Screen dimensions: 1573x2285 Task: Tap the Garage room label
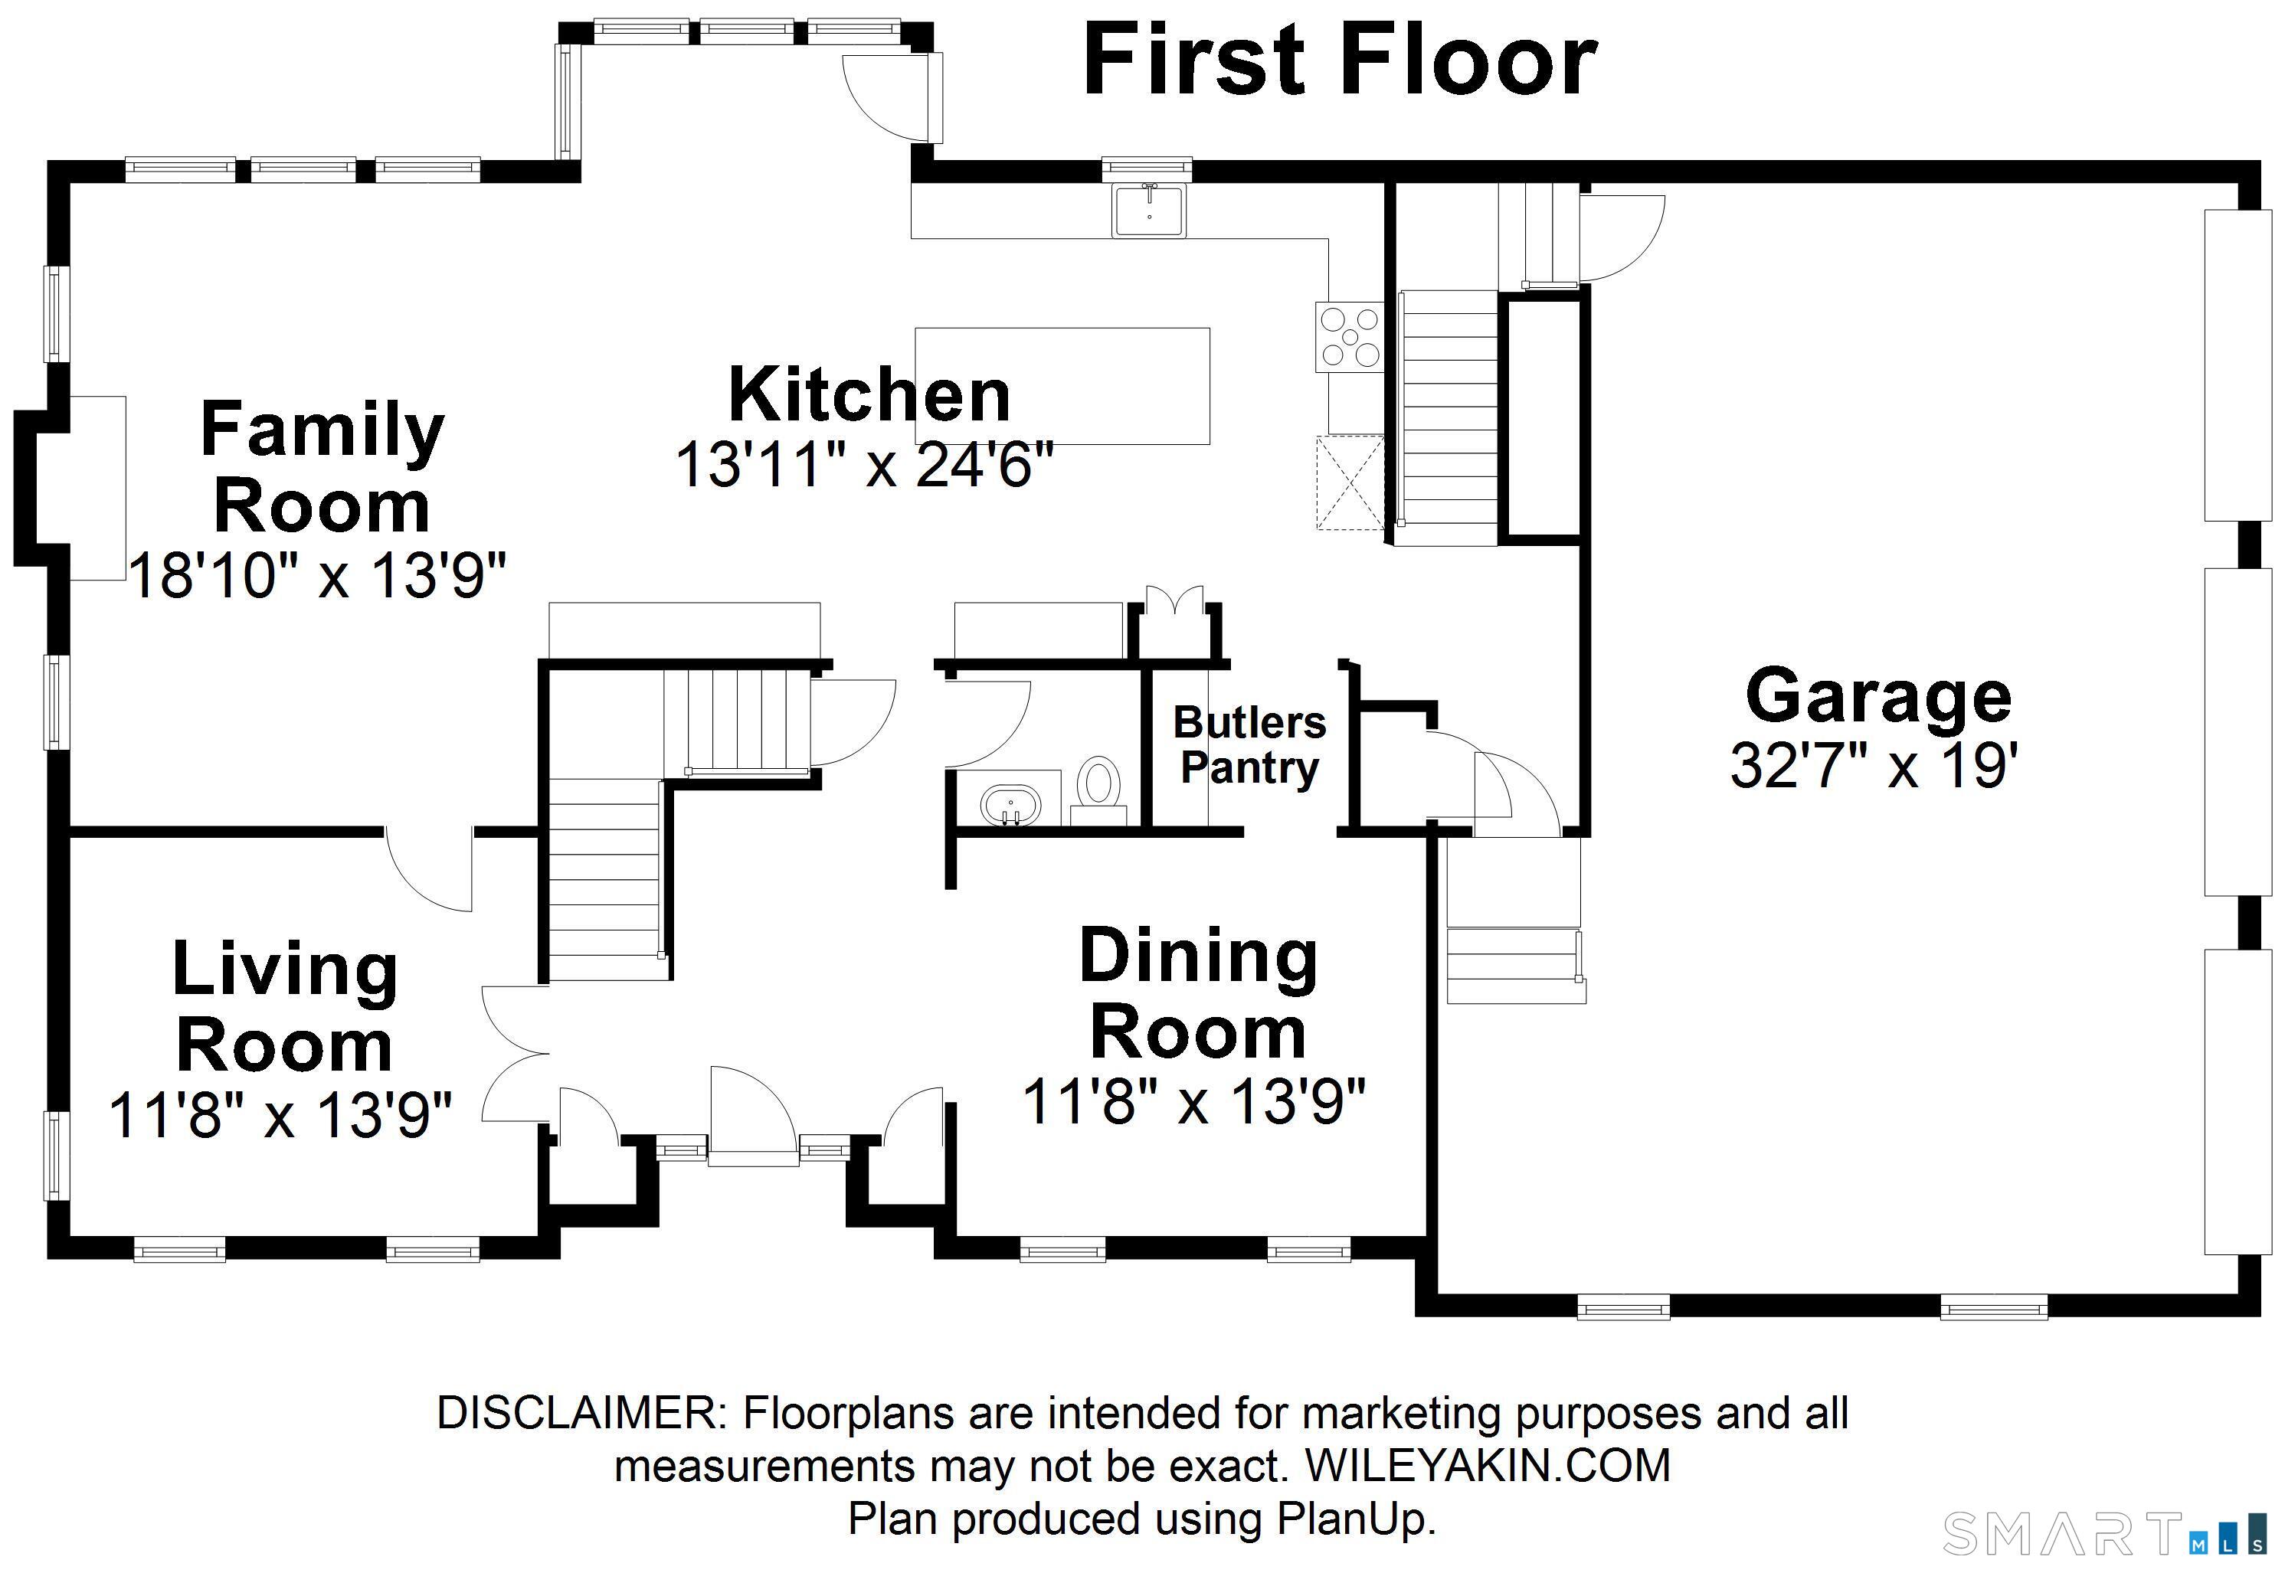pyautogui.click(x=1878, y=696)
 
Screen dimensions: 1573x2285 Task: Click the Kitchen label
pyautogui.click(x=869, y=394)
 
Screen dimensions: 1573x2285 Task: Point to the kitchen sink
pyautogui.click(x=1150, y=210)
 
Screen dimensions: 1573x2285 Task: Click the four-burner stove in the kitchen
pyautogui.click(x=1348, y=337)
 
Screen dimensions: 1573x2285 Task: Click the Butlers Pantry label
pyautogui.click(x=1249, y=745)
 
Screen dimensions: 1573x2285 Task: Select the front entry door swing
pyautogui.click(x=751, y=1112)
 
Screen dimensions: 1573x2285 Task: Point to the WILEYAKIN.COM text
pyautogui.click(x=1488, y=1466)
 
